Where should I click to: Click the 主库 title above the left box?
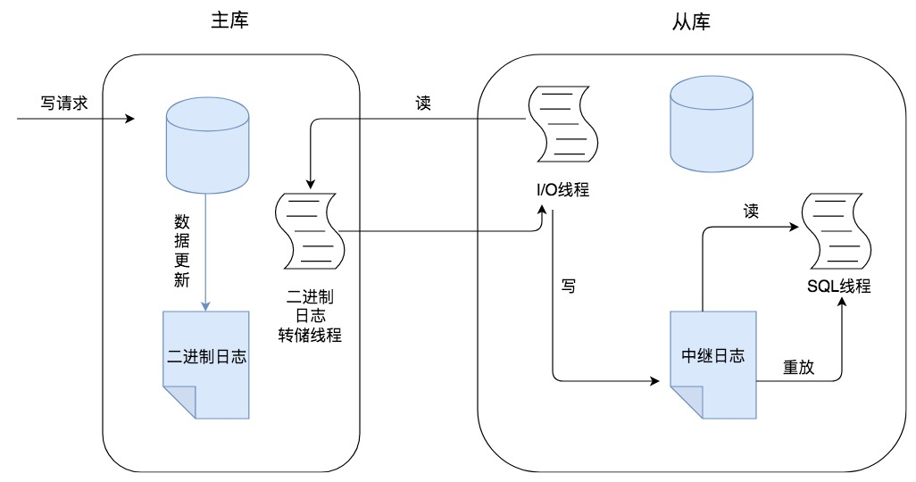tap(229, 21)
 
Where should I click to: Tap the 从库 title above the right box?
tap(691, 22)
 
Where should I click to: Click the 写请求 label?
tap(64, 103)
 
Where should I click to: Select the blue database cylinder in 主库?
tap(207, 145)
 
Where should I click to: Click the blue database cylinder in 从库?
tap(711, 124)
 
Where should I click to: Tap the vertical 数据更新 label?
tap(181, 251)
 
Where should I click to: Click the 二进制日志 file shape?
tap(206, 364)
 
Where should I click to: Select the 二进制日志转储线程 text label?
tap(310, 316)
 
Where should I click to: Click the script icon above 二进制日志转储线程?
tap(310, 231)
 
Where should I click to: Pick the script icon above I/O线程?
tap(563, 124)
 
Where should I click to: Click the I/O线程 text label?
tap(563, 189)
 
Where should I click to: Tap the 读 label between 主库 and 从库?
tap(423, 103)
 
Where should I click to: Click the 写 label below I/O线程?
tap(568, 287)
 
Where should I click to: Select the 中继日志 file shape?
tap(712, 364)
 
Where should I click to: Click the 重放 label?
tap(798, 367)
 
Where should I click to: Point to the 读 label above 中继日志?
tap(751, 211)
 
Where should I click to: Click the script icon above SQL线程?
tap(837, 231)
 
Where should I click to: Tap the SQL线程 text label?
tap(839, 287)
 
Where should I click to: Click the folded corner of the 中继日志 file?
tap(686, 402)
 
